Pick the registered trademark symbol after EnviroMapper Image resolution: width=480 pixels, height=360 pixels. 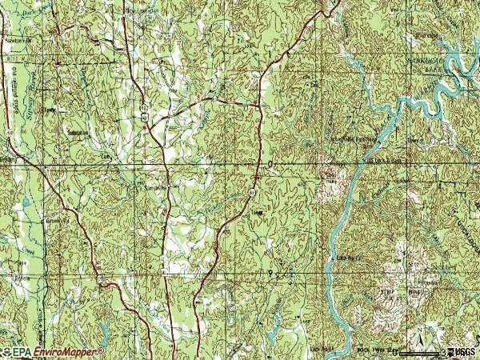[102, 349]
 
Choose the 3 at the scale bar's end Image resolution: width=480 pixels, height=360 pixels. [442, 352]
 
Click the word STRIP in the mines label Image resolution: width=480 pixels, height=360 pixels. [387, 293]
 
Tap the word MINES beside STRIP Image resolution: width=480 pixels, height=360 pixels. [414, 293]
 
